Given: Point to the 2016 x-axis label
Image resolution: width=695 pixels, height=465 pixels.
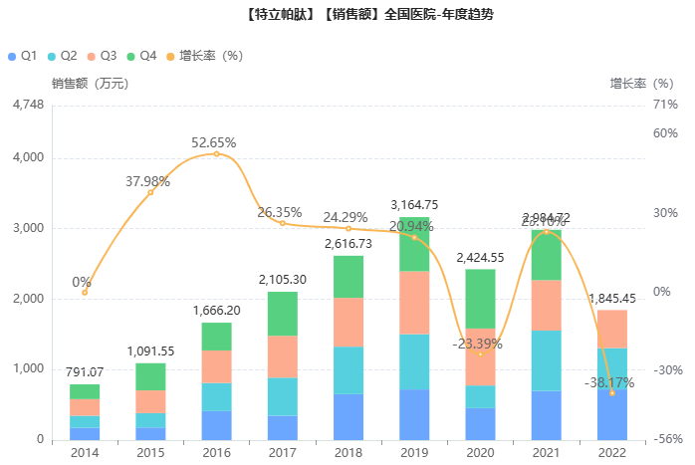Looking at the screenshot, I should pos(216,452).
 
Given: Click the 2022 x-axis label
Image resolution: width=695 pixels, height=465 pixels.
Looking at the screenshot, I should pos(611,452).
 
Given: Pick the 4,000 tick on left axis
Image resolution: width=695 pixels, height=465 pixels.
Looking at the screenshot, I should pos(27,157).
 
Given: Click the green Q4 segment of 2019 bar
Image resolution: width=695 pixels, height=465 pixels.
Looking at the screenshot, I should pos(414,244).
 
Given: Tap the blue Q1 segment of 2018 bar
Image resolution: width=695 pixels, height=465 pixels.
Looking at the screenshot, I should pos(348,416).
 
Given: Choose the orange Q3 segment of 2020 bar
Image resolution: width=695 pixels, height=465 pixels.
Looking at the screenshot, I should pos(480,356).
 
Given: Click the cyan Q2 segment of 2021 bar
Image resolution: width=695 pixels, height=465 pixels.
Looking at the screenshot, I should pos(546,360).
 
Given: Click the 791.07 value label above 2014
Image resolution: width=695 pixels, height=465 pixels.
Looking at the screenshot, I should pos(85,372).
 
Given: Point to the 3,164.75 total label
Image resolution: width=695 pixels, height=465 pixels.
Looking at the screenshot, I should pos(414,205).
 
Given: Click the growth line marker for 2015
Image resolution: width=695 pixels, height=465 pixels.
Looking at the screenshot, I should pos(150,191).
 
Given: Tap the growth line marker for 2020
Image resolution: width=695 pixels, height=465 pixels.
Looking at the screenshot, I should pos(480,353).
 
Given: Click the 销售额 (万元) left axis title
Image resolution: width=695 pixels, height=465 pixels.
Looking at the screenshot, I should pos(91,84).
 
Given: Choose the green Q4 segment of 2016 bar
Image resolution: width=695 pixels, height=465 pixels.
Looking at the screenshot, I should pos(216,337).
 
